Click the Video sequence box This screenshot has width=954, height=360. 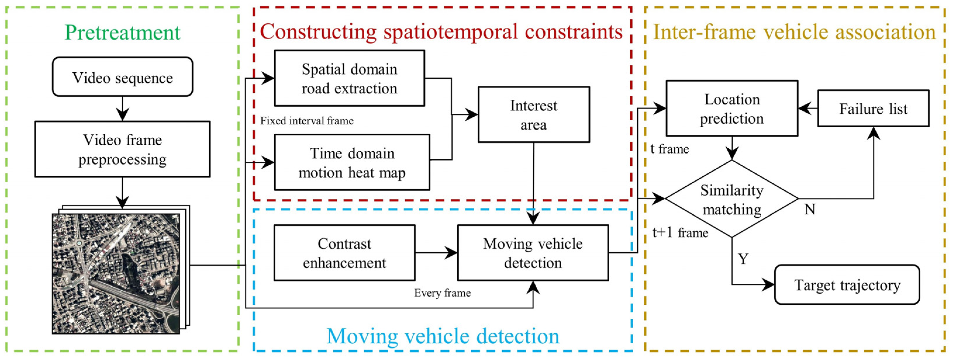tap(122, 77)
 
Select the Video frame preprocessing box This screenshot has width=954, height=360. tap(122, 149)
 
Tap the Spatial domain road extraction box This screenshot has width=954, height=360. tap(349, 78)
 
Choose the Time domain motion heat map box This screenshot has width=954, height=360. tap(352, 162)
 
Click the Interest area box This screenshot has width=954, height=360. tap(533, 115)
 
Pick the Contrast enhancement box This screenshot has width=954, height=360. tap(344, 253)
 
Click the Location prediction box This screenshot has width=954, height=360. tap(732, 108)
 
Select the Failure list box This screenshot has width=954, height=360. tap(873, 108)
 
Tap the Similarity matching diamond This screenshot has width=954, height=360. tap(732, 199)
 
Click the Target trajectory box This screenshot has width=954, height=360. tap(847, 285)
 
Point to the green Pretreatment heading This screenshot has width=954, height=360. tap(122, 32)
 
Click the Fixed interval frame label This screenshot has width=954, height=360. tap(307, 121)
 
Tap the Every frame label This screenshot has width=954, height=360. tap(442, 293)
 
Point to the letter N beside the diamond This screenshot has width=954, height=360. tap(810, 209)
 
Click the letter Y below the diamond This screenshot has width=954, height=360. tap(743, 259)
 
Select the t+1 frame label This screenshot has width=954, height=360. tap(680, 232)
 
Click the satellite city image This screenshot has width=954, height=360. tap(116, 273)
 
